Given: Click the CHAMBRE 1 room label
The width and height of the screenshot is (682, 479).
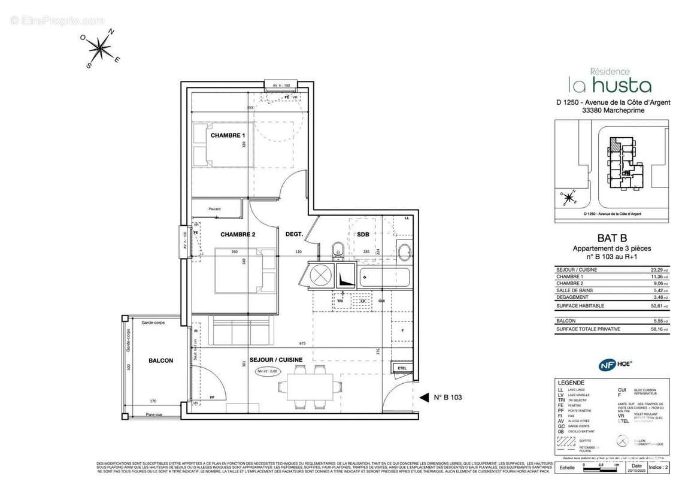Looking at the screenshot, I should click(228, 135).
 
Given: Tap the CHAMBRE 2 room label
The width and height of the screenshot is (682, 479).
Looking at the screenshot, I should click(238, 234).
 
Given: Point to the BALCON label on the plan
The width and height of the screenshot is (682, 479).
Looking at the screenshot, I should click(161, 360).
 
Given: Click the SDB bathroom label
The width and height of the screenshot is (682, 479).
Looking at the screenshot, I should click(363, 234).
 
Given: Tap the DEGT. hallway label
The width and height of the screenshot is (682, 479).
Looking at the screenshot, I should click(294, 234).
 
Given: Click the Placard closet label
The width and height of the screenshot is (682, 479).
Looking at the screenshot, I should click(214, 209).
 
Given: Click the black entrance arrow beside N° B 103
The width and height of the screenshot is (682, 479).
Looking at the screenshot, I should click(425, 397).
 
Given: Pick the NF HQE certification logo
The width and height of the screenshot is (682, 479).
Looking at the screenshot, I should click(615, 363).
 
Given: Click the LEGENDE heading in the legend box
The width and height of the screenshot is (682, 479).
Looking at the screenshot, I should click(571, 383).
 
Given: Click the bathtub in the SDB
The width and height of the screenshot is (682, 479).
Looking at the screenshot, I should click(384, 278).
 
